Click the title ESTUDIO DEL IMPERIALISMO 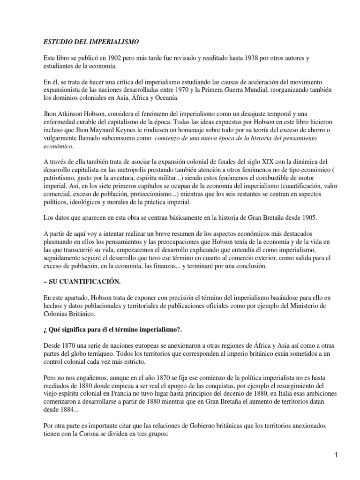(88, 42)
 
